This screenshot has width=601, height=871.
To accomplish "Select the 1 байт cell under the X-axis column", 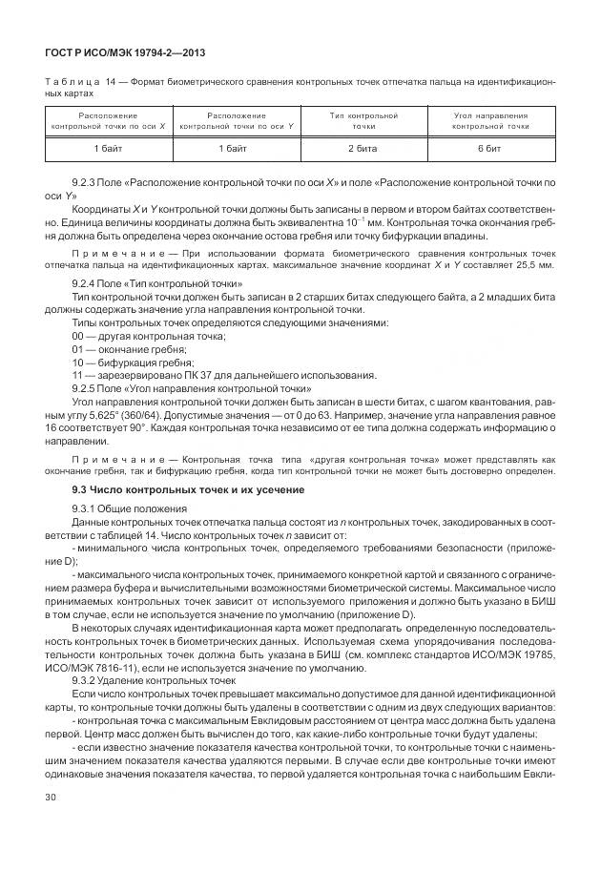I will point(109,151).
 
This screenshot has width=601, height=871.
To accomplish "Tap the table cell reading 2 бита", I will point(363,151).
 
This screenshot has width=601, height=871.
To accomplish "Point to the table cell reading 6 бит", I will point(490,151).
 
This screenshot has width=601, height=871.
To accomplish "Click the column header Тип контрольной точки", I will point(363,120).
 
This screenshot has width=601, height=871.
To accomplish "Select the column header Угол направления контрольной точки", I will point(490,120).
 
